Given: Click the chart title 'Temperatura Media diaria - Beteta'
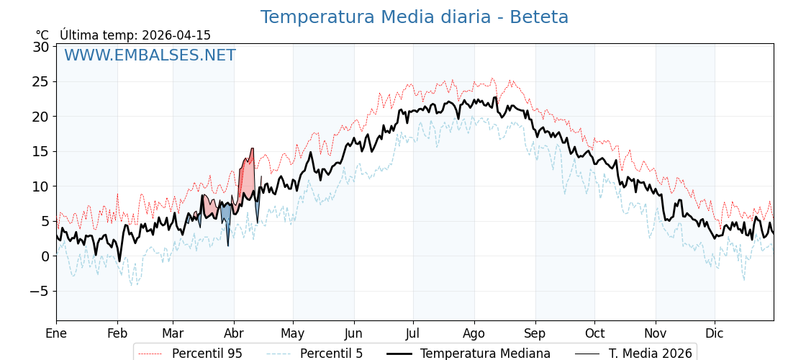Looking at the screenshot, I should coord(414,17).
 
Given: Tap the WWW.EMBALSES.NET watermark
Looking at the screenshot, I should coord(150,55).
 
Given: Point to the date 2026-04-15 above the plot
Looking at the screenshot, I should coord(176,35).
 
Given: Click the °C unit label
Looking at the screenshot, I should coord(42,35).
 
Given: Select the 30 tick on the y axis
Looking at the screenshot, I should coord(40,47).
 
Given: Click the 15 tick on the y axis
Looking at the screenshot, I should coord(40,151).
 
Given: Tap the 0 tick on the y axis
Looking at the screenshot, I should coord(45,256).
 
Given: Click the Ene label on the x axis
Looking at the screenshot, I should coord(56,333).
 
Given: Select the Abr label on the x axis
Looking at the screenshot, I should coord(234,333).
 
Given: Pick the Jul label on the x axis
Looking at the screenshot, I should coord(413,333).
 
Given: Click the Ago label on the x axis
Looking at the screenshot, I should coord(474,333).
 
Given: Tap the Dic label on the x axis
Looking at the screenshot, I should coord(715,333).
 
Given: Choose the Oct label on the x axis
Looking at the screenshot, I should coord(594,333).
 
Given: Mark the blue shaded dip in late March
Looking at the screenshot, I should coord(226,215).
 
